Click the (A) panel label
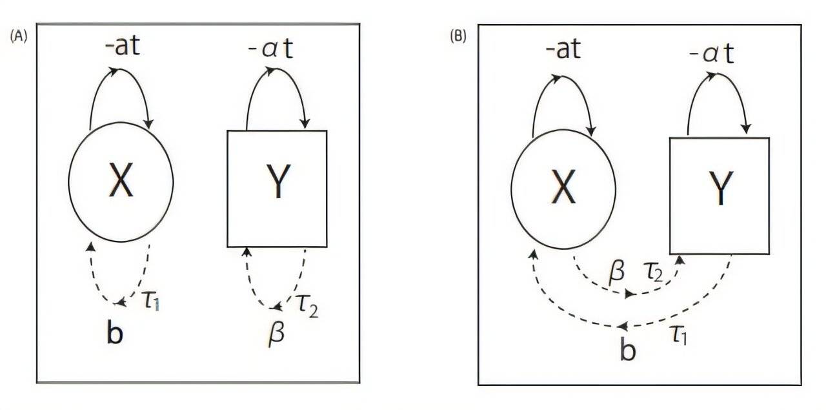click(x=19, y=37)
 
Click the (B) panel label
click(x=458, y=37)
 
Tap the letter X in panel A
click(x=121, y=181)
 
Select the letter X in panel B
click(x=563, y=186)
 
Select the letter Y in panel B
click(x=721, y=188)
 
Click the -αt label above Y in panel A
click(x=270, y=48)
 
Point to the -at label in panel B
click(x=563, y=48)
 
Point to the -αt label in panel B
click(x=711, y=54)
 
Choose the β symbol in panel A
click(x=277, y=334)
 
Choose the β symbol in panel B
click(x=616, y=272)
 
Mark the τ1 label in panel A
click(x=152, y=300)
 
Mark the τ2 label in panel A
click(x=307, y=305)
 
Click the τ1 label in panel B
click(x=678, y=335)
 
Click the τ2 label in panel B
click(x=653, y=272)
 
